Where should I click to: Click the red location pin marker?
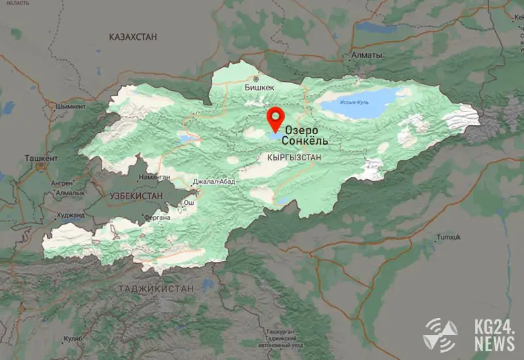(276, 118)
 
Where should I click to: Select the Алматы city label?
(367, 56)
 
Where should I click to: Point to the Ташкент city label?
(41, 158)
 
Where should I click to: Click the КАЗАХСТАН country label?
(133, 37)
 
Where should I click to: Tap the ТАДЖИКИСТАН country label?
(157, 288)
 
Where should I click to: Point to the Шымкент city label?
(71, 106)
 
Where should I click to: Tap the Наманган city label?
(155, 177)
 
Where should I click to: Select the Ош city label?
(189, 203)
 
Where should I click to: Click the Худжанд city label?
(71, 215)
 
